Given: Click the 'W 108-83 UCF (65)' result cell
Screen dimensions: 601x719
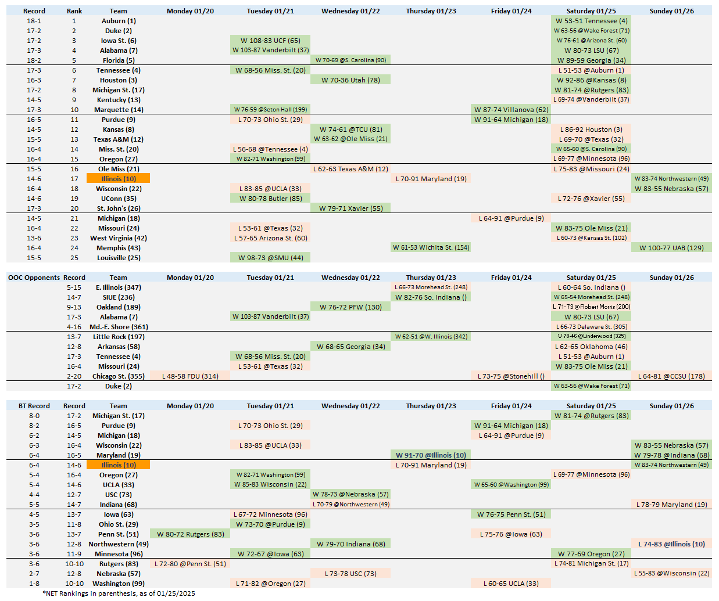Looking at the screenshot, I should coord(270,41).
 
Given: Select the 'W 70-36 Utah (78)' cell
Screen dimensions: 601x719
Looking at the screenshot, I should coord(350,80).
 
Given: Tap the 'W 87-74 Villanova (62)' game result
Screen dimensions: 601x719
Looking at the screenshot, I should coord(511,110).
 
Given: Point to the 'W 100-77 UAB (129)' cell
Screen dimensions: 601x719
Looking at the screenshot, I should coord(671,248).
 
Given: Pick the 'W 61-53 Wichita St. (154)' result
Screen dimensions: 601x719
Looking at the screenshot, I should coord(431,247).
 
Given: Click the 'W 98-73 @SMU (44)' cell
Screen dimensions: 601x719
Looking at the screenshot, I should coord(270,258).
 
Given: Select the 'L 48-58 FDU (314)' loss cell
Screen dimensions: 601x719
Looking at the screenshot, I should coord(190,376).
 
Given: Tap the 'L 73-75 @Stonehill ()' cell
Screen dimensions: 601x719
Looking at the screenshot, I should coord(511,376).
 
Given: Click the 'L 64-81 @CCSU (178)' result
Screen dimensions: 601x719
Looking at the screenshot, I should coord(671,376).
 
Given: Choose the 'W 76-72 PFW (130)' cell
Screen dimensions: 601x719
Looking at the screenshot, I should coord(350,307).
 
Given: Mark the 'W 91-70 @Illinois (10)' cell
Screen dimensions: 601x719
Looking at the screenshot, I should coord(431,455).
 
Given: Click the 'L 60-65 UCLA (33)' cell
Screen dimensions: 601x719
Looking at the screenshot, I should coord(511,584).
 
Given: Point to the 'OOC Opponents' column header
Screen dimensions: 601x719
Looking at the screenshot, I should coord(34,278).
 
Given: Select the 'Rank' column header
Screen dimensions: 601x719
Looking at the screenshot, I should coord(74,11).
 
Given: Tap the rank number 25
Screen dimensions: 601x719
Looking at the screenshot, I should coord(74,258).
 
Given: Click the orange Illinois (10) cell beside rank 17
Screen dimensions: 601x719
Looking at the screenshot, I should coord(118,179).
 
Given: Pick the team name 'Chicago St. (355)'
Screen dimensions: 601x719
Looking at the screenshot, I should coord(118,376).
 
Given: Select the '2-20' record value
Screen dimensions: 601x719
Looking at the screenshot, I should coord(74,376).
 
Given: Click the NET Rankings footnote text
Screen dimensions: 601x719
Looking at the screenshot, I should coord(119,593).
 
